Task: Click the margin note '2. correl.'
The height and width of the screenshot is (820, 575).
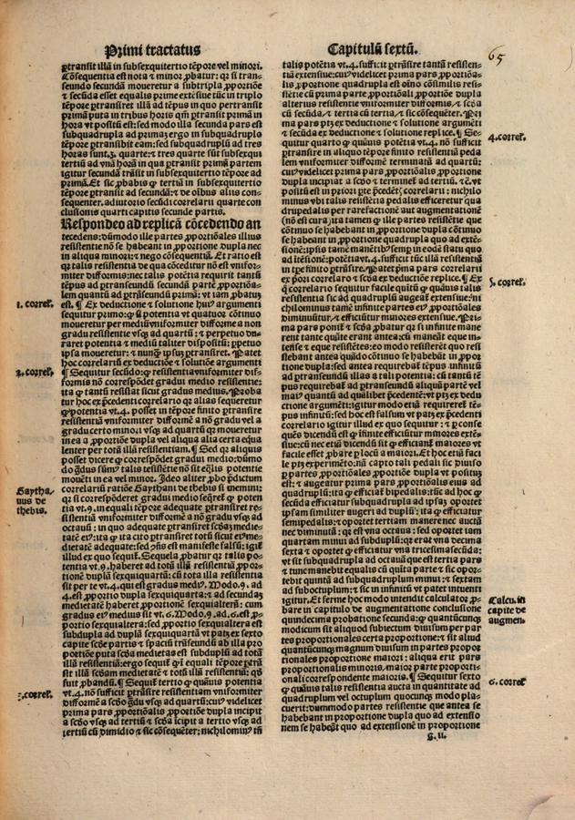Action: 39,371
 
